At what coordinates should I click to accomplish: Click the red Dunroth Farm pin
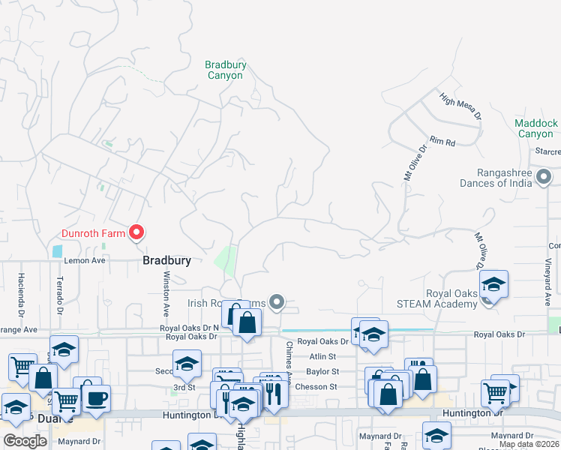(x=136, y=233)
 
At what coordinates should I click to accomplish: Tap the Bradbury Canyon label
(x=225, y=70)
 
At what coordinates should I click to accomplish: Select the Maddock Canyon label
(x=536, y=128)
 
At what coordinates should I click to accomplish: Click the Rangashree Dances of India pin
(x=545, y=177)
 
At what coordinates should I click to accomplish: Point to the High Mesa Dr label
(x=460, y=106)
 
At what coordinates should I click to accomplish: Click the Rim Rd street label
(x=442, y=142)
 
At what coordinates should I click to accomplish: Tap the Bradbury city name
(x=167, y=260)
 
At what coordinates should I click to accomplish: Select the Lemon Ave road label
(x=85, y=260)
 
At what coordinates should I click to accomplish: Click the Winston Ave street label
(x=165, y=292)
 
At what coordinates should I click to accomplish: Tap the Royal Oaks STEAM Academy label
(x=442, y=298)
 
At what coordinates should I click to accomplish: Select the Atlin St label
(x=325, y=356)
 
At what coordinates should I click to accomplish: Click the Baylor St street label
(x=322, y=371)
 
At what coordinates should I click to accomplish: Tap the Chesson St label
(x=320, y=387)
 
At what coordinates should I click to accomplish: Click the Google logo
(x=25, y=441)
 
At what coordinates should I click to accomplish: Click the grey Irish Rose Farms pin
(x=277, y=302)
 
